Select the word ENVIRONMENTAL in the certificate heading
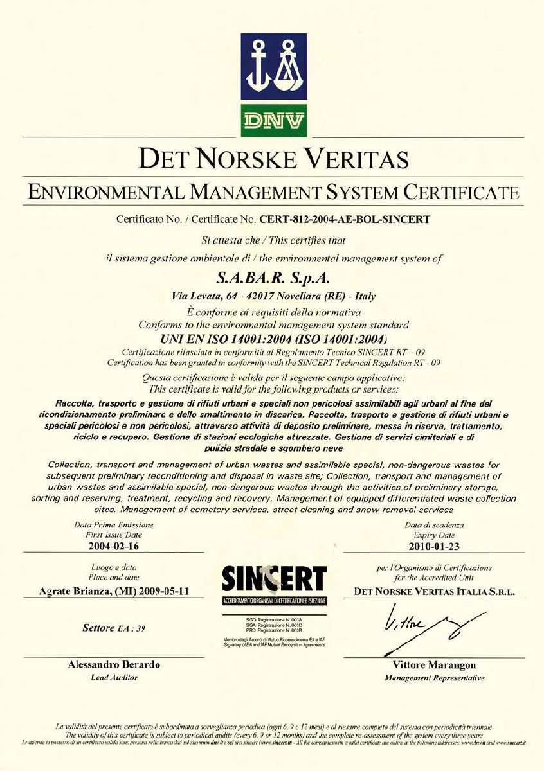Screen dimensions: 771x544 [103, 191]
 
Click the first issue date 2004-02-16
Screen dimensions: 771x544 [113, 547]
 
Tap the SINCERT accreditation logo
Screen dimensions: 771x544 [274, 585]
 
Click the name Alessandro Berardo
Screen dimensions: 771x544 [114, 665]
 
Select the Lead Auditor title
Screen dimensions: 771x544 [114, 677]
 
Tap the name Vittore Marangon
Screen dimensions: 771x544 [434, 665]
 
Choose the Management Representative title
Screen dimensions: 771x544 [434, 678]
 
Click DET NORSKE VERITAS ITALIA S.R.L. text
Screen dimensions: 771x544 [434, 592]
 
